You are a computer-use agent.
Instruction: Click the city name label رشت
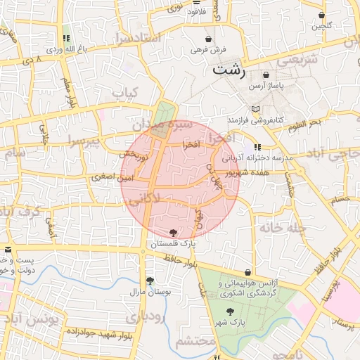tap(229, 70)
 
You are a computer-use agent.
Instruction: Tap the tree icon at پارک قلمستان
tap(174, 233)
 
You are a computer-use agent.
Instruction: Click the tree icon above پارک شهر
tap(230, 311)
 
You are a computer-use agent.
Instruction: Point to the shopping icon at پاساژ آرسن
tap(266, 75)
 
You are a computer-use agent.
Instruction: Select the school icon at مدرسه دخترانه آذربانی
tap(258, 147)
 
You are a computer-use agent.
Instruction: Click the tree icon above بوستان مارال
tap(149, 279)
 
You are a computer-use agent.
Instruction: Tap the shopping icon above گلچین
tap(321, 15)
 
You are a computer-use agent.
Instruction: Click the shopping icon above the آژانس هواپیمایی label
tap(247, 272)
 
